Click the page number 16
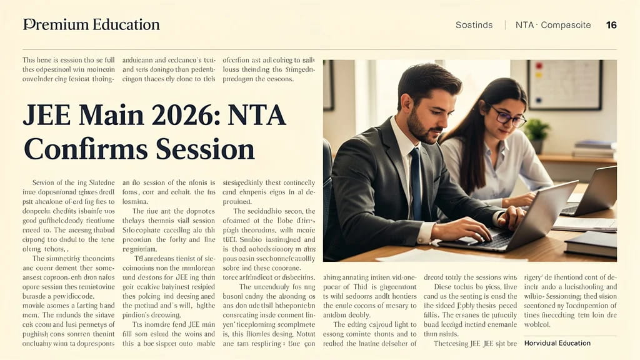(x=611, y=25)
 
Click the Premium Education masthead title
(x=91, y=25)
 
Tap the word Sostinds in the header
(x=474, y=25)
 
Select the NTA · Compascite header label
(x=552, y=25)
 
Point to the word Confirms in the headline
(x=85, y=149)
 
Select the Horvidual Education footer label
(x=557, y=342)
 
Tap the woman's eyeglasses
(x=507, y=117)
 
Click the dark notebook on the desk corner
(x=590, y=243)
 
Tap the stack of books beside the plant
(x=594, y=149)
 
